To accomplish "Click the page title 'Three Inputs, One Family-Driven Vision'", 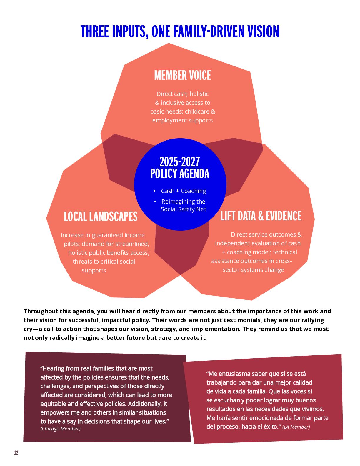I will [x=180, y=32].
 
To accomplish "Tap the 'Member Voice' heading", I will [x=182, y=75].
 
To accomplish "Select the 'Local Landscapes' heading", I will [x=101, y=217].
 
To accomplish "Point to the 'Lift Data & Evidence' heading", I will [x=261, y=216].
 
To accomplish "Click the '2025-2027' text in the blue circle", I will [x=179, y=162].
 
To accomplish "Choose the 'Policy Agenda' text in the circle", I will [x=180, y=174].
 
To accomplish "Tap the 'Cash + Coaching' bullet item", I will [x=183, y=191].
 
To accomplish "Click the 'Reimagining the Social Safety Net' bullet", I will [x=183, y=205].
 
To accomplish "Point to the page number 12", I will [x=16, y=453].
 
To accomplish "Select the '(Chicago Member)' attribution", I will [x=60, y=429].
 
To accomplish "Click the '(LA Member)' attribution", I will [x=296, y=427].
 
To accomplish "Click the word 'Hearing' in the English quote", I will [x=53, y=368].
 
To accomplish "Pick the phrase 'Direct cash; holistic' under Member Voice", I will [x=182, y=94].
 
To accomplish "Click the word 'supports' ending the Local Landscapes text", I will [x=94, y=270].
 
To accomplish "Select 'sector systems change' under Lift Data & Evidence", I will [x=253, y=270].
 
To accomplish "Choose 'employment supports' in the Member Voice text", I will [x=182, y=120].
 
